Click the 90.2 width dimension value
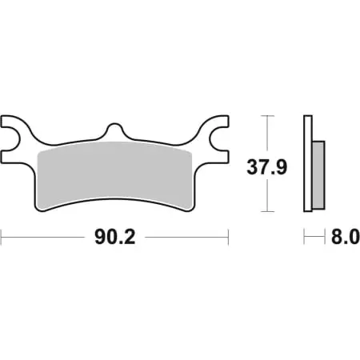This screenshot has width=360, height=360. point(114,237)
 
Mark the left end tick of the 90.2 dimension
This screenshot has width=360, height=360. point(2,237)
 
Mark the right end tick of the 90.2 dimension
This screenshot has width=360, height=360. point(229,237)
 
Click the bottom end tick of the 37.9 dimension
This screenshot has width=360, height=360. point(267,212)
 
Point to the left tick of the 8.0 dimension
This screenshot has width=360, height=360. point(303,237)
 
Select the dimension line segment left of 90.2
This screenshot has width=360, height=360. point(44,237)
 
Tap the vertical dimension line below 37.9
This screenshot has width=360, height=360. point(267,196)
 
